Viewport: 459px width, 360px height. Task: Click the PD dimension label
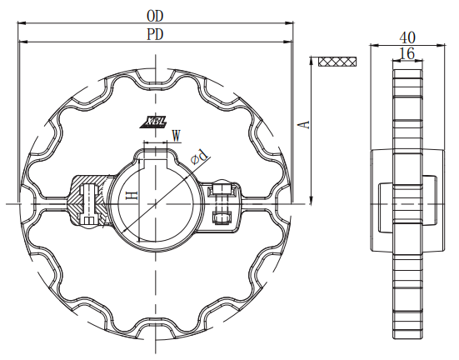[154, 34]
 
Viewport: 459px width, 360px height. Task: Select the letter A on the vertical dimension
[305, 123]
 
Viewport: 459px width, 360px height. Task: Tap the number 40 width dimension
[407, 37]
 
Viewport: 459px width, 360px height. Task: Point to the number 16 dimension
[407, 53]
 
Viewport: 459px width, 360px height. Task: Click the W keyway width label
[175, 134]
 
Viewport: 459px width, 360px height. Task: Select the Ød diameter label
[199, 156]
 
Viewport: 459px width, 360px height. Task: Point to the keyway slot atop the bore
[155, 151]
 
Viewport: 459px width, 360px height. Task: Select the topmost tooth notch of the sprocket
[155, 82]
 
